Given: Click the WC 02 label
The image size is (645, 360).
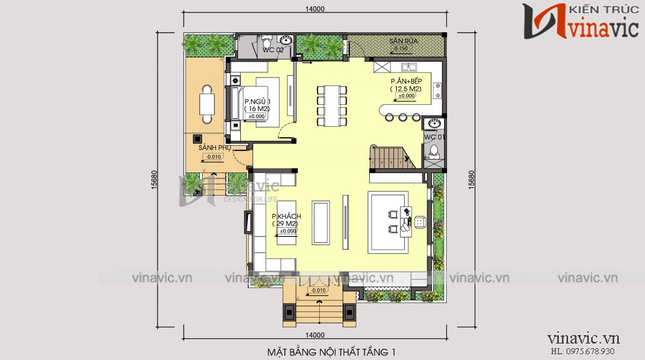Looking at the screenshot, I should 273,50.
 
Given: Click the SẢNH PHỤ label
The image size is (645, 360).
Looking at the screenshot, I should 211,147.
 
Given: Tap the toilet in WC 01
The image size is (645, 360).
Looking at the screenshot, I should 434,152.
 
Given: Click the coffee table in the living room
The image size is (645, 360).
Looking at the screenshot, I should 321,222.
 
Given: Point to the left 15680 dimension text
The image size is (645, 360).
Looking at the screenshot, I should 155,180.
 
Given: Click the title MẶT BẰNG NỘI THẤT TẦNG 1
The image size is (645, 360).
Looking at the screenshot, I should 331,352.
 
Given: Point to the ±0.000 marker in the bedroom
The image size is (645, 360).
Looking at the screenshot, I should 256,116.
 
